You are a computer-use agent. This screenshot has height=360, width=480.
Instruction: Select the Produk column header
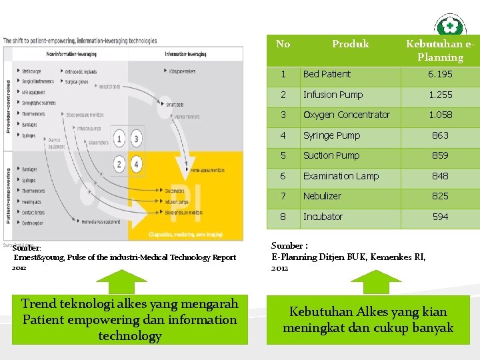coord(350,44)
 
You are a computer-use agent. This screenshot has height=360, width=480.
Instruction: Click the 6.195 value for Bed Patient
coord(440,74)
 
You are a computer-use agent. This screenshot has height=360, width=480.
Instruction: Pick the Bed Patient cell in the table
coord(327,74)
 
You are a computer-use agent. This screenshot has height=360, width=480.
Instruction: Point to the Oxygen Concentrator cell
coord(346,115)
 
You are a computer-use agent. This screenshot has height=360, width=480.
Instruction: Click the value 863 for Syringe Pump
coord(440,135)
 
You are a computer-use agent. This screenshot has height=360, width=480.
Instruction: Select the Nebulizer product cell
coord(322,196)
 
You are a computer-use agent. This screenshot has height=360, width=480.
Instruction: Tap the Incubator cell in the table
coord(323,217)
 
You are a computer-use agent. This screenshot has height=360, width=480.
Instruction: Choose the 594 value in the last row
coord(440,217)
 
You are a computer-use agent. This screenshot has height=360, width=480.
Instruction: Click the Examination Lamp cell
coord(341,176)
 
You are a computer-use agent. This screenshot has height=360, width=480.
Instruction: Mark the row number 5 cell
coord(283,155)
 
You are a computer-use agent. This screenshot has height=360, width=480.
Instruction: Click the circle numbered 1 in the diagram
coord(119,139)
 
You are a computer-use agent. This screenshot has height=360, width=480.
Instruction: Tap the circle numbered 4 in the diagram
coord(137,163)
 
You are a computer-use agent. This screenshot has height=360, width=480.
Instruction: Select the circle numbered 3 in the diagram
coord(137,139)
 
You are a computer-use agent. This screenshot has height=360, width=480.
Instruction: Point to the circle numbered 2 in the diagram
coord(119,163)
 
